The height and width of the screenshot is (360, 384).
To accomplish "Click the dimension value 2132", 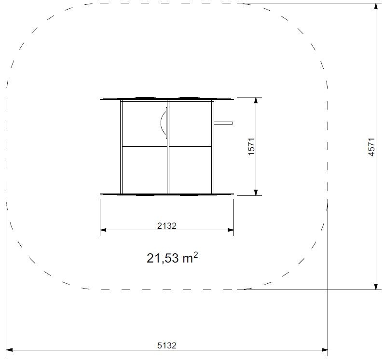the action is (167, 225).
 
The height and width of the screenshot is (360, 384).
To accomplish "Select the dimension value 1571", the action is (251, 146).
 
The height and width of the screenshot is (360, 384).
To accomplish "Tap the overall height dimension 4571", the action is (371, 147).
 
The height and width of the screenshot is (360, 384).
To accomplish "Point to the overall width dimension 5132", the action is (167, 346).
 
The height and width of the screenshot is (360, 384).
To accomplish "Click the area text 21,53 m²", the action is (172, 258).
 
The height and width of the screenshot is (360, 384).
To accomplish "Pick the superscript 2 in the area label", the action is (195, 255).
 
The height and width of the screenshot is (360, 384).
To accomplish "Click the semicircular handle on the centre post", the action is (164, 123).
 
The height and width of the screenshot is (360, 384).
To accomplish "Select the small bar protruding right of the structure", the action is (223, 123).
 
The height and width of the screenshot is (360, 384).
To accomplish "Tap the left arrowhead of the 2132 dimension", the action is (103, 230).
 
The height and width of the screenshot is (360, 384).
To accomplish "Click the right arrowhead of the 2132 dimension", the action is (231, 230).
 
